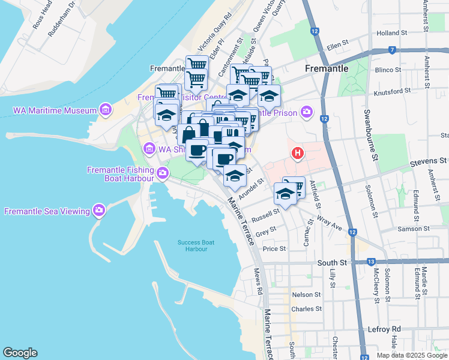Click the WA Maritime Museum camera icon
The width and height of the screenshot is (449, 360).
pos(106,110)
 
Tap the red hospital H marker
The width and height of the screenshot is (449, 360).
pos(297,154)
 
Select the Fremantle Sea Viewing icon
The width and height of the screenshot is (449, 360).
pos(99,210)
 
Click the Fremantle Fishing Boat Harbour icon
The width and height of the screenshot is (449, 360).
pos(163,173)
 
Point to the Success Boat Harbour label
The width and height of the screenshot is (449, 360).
pos(196,245)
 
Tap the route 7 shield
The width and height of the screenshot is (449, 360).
pos(391,50)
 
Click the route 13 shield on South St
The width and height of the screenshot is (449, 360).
pos(372,262)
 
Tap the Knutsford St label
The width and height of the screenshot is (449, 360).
pos(391,91)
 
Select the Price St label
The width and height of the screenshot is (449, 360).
pos(274,248)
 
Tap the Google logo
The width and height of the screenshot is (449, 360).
pos(20,353)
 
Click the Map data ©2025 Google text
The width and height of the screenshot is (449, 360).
pos(411,355)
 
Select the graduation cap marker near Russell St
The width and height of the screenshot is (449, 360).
pos(286,194)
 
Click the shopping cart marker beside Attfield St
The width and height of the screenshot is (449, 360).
pos(294,187)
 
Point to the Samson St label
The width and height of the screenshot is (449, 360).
pos(428,229)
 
